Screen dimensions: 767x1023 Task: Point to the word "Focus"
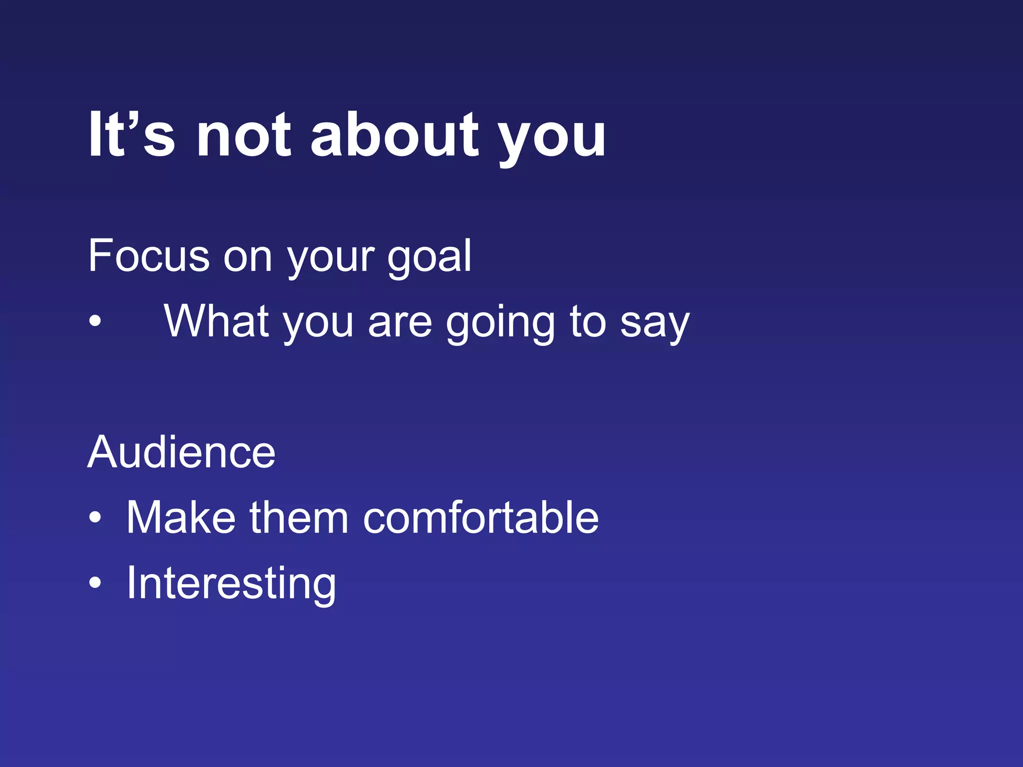[x=148, y=256]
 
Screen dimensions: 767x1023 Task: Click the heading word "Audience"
[x=181, y=452]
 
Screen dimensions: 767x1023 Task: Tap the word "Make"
[x=180, y=518]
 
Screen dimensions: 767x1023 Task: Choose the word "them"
[x=299, y=518]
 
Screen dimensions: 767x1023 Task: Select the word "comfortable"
[x=481, y=518]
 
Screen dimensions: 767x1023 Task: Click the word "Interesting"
[x=231, y=583]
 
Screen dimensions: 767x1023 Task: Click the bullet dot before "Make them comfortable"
[x=95, y=517]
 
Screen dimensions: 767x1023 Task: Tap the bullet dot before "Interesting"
[x=95, y=582]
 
